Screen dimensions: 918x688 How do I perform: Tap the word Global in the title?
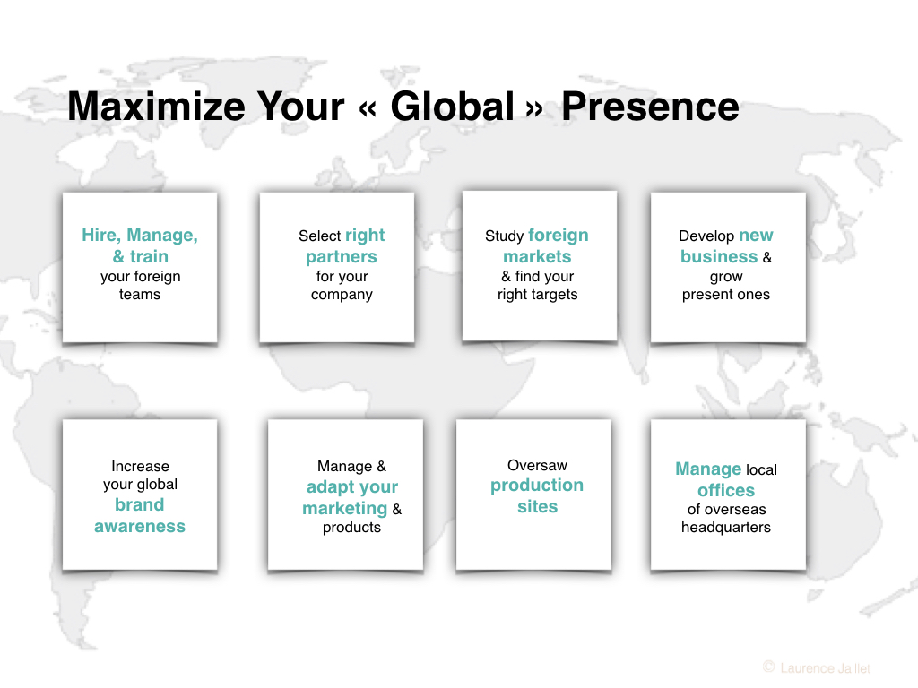pyautogui.click(x=453, y=107)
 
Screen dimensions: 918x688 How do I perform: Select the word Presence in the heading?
pyautogui.click(x=651, y=107)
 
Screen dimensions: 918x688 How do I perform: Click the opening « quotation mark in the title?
pyautogui.click(x=368, y=108)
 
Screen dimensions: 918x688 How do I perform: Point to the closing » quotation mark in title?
pyautogui.click(x=534, y=108)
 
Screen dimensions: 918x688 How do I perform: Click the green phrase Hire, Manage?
pyautogui.click(x=140, y=236)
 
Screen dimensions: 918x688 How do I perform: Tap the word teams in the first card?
pyautogui.click(x=139, y=294)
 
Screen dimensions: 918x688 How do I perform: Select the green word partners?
pyautogui.click(x=342, y=257)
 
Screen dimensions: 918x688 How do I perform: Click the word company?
pyautogui.click(x=342, y=295)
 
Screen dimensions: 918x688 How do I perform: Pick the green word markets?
pyautogui.click(x=537, y=256)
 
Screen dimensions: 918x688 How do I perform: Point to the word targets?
pyautogui.click(x=554, y=294)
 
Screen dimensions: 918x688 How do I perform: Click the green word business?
pyautogui.click(x=719, y=256)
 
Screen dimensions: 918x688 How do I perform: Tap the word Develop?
pyautogui.click(x=706, y=236)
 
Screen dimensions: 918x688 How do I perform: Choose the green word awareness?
pyautogui.click(x=140, y=526)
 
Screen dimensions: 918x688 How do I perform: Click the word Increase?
pyautogui.click(x=140, y=466)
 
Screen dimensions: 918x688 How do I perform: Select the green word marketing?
pyautogui.click(x=345, y=509)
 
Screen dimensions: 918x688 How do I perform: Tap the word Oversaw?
pyautogui.click(x=537, y=466)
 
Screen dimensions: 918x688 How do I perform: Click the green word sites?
pyautogui.click(x=538, y=506)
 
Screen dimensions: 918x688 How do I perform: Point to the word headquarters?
pyautogui.click(x=726, y=528)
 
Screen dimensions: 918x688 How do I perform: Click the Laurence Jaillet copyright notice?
pyautogui.click(x=818, y=667)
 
